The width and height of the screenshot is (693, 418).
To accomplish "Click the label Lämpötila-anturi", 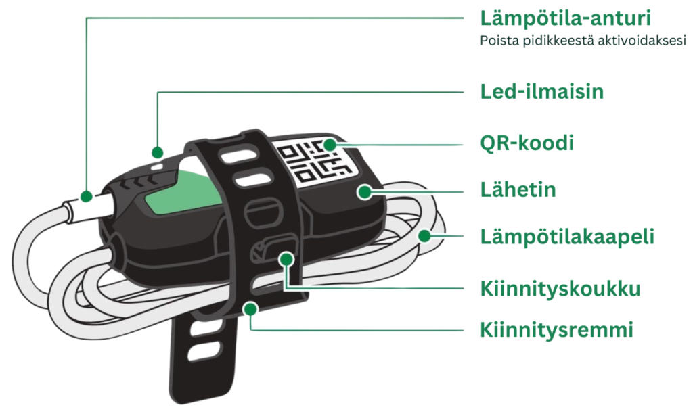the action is click(565, 18).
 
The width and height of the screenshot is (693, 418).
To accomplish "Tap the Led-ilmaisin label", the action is click(542, 91).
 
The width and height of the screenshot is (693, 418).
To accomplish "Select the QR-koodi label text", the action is click(527, 143).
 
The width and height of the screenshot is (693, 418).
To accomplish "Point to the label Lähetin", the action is click(518, 189).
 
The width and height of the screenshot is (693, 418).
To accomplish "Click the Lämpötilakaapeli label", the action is click(567, 237).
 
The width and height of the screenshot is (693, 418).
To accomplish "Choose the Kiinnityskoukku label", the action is click(560, 289).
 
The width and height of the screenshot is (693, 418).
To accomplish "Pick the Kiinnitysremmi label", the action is click(556, 329).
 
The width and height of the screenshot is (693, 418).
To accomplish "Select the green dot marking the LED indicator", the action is click(157, 153).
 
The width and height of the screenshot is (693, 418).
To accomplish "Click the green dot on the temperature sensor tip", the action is click(87, 196).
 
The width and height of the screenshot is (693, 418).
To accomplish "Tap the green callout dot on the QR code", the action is click(330, 145).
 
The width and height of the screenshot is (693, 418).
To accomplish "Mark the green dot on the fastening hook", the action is click(287, 259).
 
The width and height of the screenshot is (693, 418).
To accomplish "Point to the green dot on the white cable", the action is click(424, 236).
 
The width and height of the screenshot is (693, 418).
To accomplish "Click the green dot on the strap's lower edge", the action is click(250, 309).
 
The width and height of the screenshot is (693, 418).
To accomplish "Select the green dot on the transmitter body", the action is click(365, 192).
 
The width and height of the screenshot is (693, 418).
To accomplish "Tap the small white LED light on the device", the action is click(157, 166).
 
